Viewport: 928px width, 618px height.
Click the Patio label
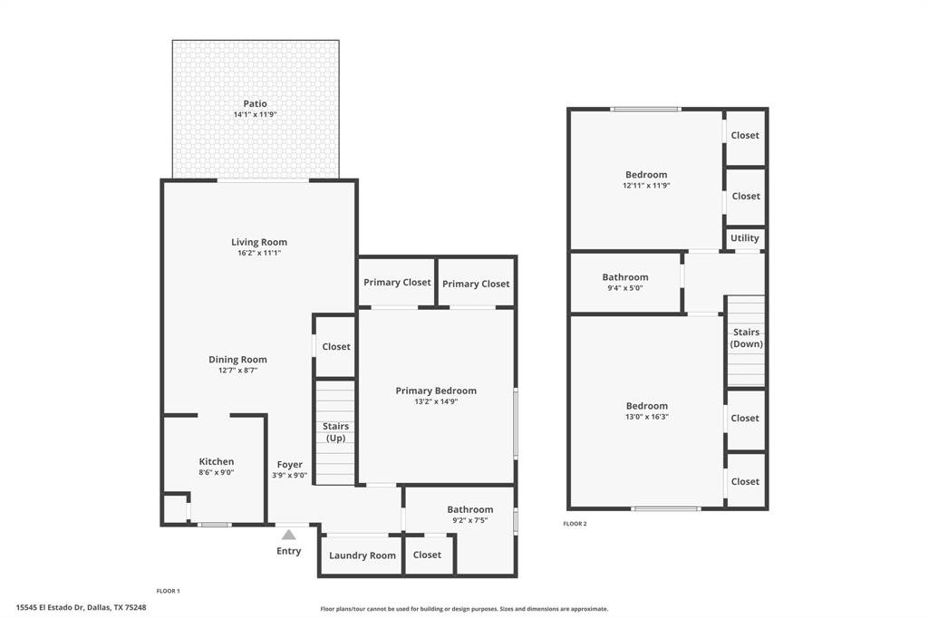(x=255, y=103)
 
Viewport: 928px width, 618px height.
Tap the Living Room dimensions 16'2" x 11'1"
(x=259, y=254)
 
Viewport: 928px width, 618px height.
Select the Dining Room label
(x=237, y=360)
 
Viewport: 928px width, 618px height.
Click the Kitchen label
(x=217, y=461)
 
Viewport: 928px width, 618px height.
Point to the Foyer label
(x=290, y=465)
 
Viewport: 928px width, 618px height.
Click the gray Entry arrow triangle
(x=288, y=535)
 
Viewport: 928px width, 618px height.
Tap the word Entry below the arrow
(x=288, y=551)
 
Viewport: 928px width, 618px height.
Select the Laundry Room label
(x=362, y=555)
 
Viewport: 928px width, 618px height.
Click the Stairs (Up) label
(x=335, y=432)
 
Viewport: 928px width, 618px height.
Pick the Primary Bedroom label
(x=436, y=391)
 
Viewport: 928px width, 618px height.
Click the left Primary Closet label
(x=397, y=283)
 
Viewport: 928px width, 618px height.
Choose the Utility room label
(x=745, y=238)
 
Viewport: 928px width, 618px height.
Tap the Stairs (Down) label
(x=747, y=338)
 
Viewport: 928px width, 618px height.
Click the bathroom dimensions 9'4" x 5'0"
(x=625, y=288)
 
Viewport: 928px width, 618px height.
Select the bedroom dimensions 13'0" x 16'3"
(x=646, y=417)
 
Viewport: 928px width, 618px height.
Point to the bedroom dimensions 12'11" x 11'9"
(x=646, y=186)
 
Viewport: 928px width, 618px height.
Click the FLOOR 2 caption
(x=575, y=524)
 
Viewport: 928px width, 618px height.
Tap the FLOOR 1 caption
(x=168, y=591)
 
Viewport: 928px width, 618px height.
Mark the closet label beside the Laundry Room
(x=427, y=555)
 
